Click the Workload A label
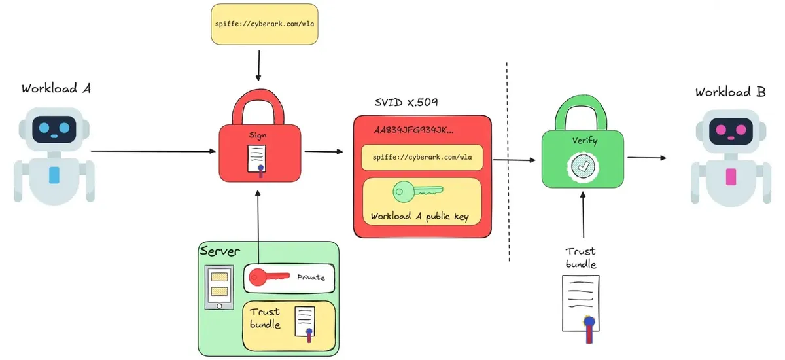tap(56, 88)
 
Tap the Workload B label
tap(730, 92)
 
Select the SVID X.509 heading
tap(406, 102)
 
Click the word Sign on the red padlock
tap(258, 135)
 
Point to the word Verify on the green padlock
tap(585, 141)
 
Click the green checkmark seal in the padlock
tap(582, 167)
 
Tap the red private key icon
tap(269, 278)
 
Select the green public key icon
tap(418, 191)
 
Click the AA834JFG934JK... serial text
tap(413, 130)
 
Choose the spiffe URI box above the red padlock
tap(264, 24)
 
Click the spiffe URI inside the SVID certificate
tap(422, 157)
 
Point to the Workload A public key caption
tap(420, 216)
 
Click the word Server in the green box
tap(220, 251)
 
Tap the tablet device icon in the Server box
tap(219, 287)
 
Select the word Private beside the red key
tap(311, 278)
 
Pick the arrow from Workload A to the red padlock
tap(153, 151)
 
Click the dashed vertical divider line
tap(508, 162)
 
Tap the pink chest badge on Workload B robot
tap(731, 177)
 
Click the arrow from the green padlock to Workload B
tap(646, 158)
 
